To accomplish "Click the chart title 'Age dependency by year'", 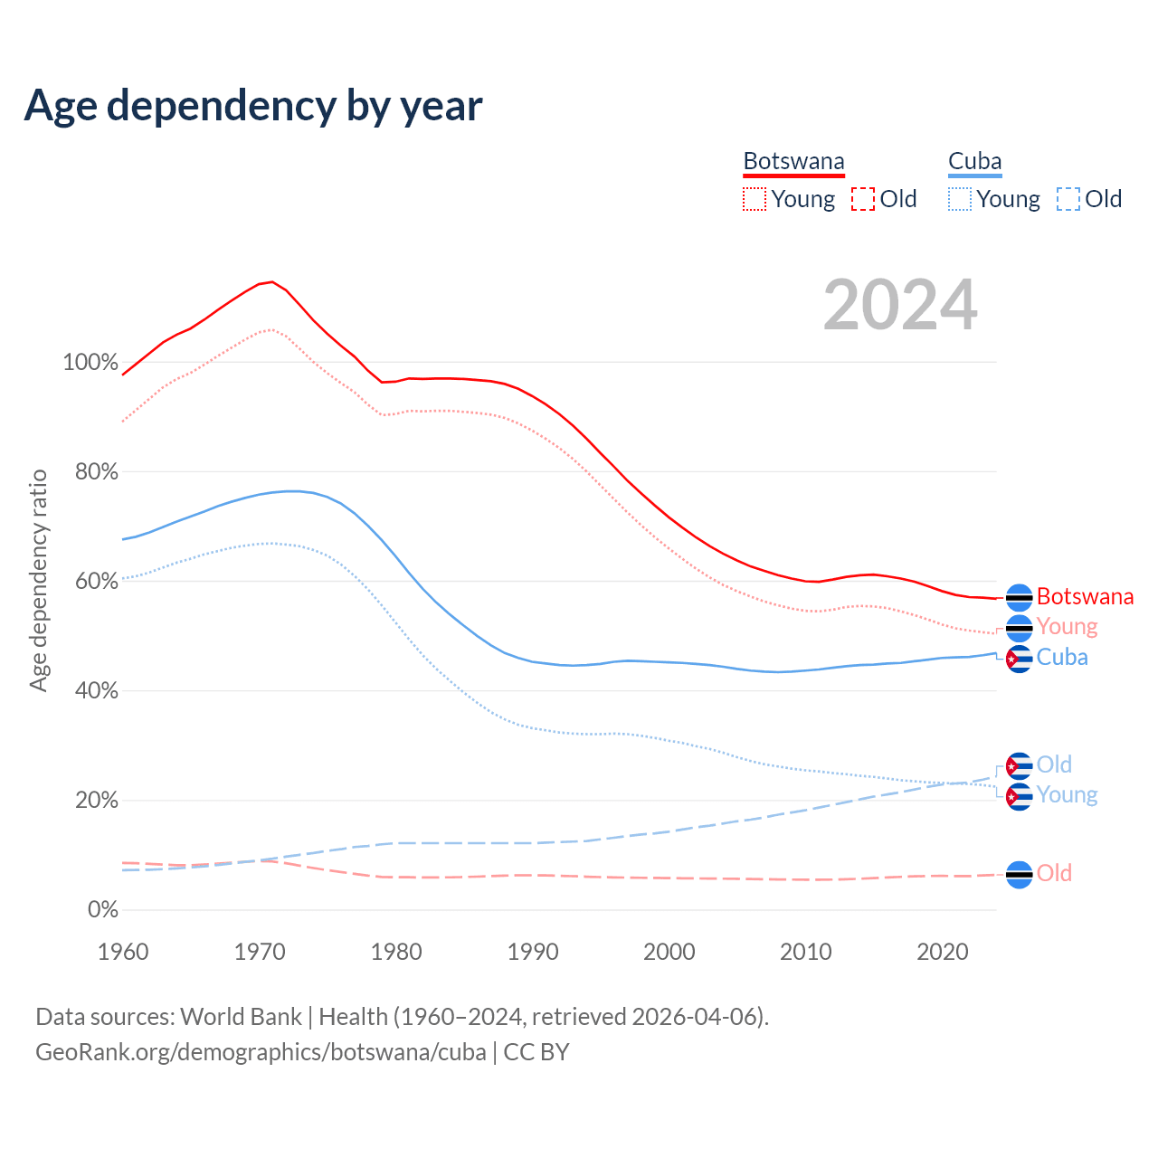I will [253, 106].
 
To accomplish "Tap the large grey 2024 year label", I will [900, 305].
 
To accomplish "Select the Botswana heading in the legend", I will [793, 162].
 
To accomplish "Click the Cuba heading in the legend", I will [974, 162].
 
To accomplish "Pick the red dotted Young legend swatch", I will [754, 199].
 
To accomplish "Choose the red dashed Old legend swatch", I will [863, 199].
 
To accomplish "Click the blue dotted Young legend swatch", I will [960, 199].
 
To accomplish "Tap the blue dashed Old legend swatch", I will [1068, 199].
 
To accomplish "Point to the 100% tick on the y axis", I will [90, 363].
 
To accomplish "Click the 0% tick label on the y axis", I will [103, 910].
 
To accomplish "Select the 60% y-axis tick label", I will [97, 582].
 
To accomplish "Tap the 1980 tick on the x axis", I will [396, 952].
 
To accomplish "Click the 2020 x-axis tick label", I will [943, 952].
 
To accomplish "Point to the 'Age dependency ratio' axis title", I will [38, 580].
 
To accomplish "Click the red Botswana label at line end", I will [1085, 597].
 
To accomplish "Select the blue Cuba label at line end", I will [1062, 658].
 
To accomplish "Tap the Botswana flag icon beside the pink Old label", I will [1020, 875].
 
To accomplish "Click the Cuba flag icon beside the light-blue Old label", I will [1020, 766].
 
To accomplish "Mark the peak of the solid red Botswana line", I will [271, 281].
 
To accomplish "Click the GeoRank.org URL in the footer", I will [261, 1052].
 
